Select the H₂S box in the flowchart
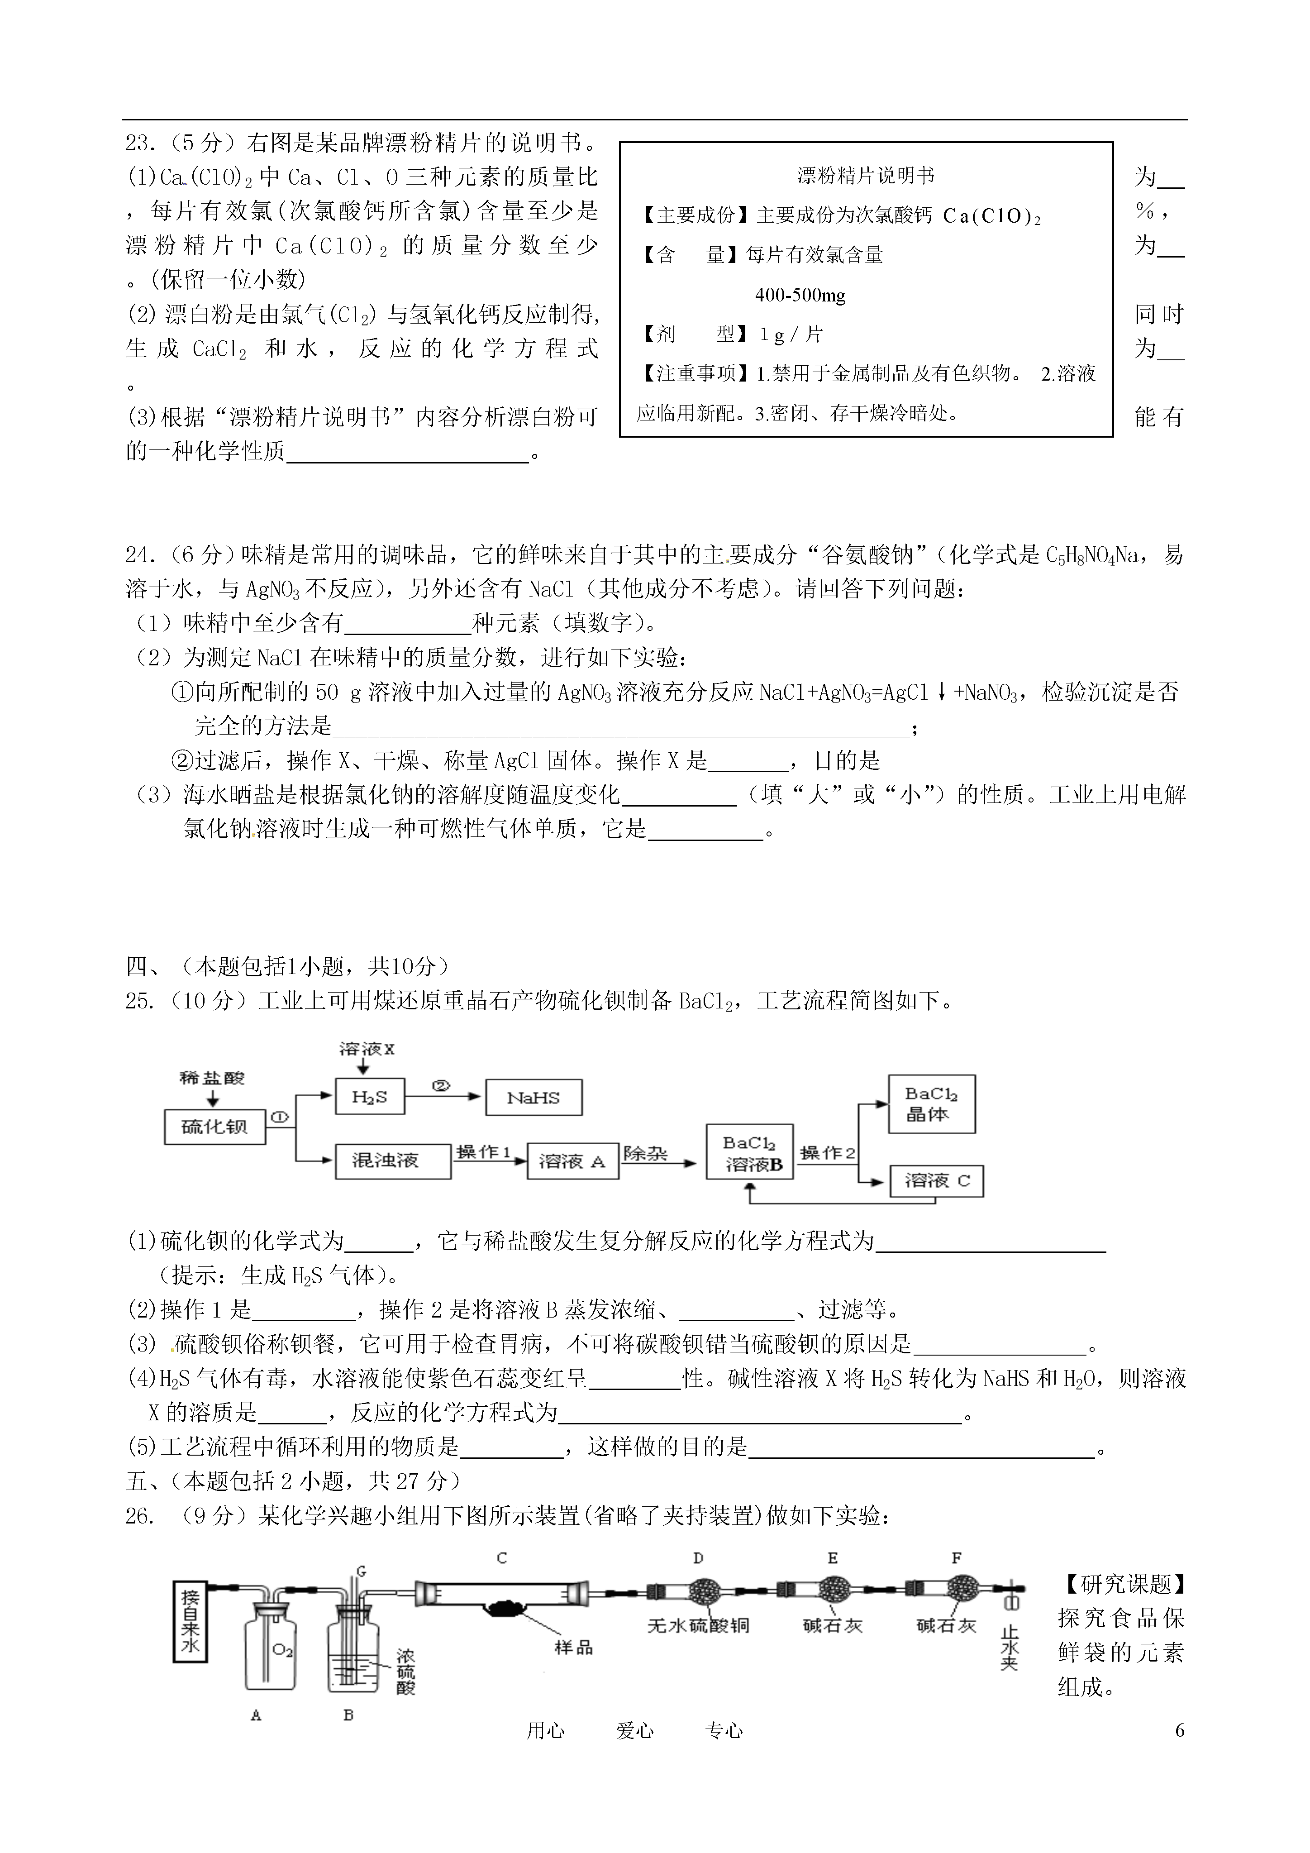369,1097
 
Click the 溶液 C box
937,1181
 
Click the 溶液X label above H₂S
367,1049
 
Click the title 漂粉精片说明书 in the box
866,175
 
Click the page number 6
1180,1730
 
